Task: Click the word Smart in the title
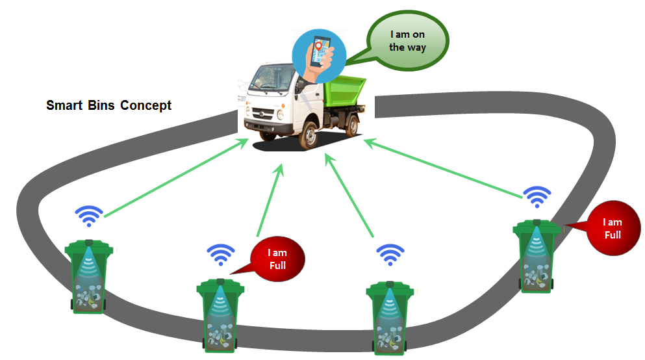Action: click(x=63, y=105)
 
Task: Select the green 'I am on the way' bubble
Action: click(x=407, y=40)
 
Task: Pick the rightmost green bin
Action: click(x=537, y=256)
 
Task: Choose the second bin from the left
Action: click(x=220, y=316)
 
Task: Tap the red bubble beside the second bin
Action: click(x=277, y=259)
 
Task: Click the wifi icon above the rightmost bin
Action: click(x=537, y=196)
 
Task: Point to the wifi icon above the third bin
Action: click(x=390, y=254)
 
